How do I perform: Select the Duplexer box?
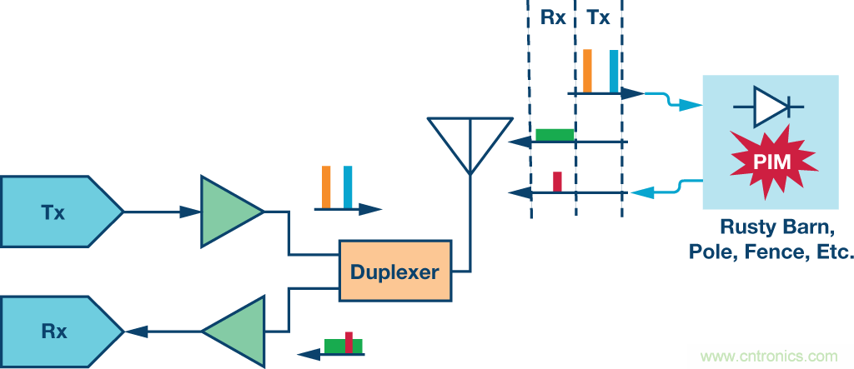[x=394, y=271]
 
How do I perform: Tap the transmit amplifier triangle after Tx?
[x=227, y=212]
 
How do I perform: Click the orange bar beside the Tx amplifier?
[x=327, y=187]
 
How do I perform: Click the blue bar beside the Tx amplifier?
[x=348, y=187]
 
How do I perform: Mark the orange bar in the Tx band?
[x=587, y=71]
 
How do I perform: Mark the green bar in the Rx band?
[x=555, y=134]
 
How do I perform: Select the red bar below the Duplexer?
[x=349, y=342]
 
